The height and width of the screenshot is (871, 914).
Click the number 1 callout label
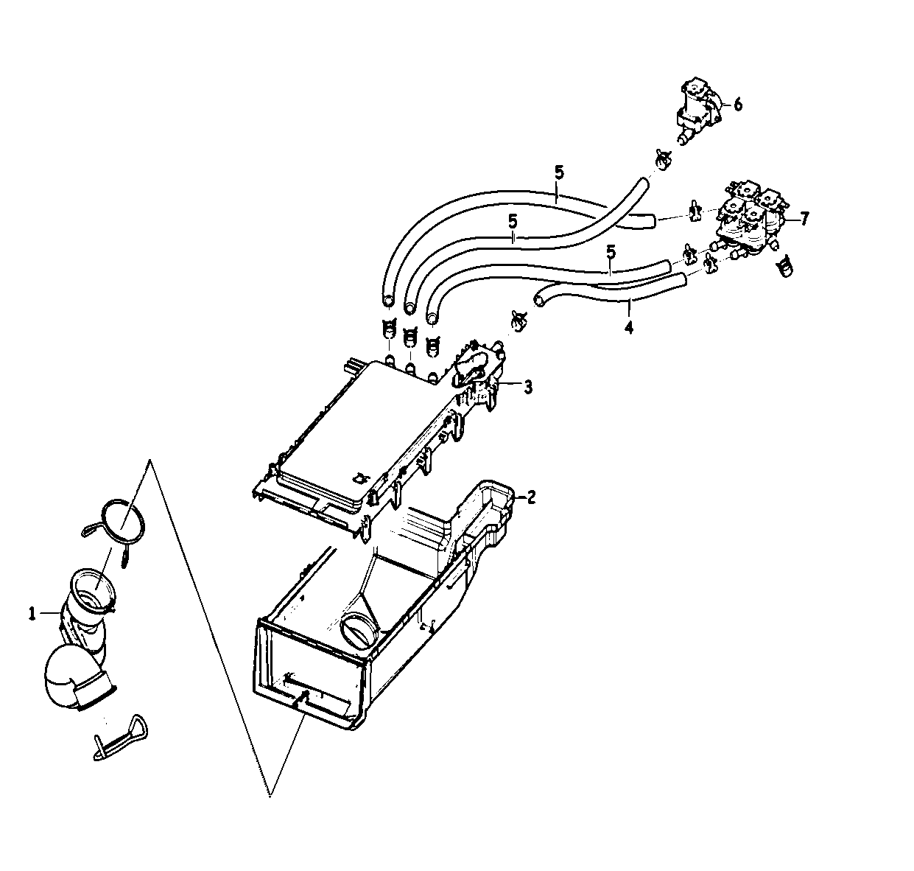(32, 613)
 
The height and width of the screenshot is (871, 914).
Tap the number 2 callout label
(531, 497)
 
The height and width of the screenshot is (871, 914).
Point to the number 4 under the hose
(628, 325)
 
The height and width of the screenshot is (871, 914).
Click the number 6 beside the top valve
(737, 105)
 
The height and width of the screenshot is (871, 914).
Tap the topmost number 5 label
(559, 174)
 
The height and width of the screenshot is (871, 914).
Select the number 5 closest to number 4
(610, 253)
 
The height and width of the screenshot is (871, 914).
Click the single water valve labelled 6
(698, 111)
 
